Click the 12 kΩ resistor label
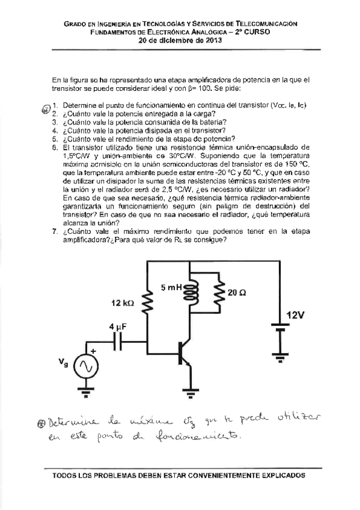click(x=123, y=304)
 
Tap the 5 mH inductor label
click(x=171, y=288)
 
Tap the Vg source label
click(x=63, y=362)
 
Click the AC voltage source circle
click(x=85, y=366)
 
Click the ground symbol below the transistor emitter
click(x=192, y=394)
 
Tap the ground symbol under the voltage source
click(x=85, y=394)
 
